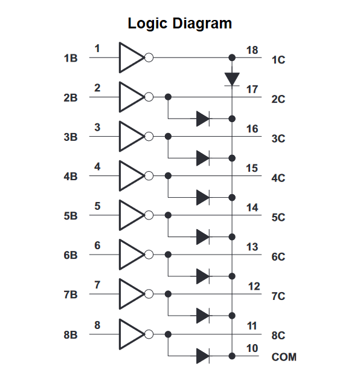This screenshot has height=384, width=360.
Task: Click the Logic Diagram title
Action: tap(180, 24)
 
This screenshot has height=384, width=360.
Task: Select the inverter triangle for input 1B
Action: tap(131, 57)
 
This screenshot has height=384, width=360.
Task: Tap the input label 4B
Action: tap(71, 177)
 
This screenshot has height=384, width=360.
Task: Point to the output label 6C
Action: tap(278, 256)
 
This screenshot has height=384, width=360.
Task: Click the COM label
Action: tap(284, 357)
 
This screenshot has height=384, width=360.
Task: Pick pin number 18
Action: tap(252, 50)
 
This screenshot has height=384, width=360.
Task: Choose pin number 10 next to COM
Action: tap(252, 348)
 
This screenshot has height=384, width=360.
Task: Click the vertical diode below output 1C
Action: tap(232, 79)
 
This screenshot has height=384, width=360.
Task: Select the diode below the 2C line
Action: tap(203, 119)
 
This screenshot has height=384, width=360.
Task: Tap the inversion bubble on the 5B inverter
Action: tap(149, 215)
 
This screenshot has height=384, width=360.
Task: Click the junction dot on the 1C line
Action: tap(232, 58)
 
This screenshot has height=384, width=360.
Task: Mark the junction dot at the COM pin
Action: tap(232, 356)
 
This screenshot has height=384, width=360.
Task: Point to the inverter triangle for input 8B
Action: tap(131, 334)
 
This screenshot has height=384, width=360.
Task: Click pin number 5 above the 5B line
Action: tap(97, 206)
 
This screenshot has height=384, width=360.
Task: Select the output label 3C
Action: tap(278, 138)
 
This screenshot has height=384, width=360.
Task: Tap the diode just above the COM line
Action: tap(203, 356)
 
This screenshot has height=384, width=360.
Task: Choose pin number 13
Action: tap(252, 247)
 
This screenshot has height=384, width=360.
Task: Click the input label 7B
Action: tap(71, 295)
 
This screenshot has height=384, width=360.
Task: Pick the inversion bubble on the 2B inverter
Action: tap(149, 97)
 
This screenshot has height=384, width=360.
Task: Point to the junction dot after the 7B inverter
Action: tap(168, 294)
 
